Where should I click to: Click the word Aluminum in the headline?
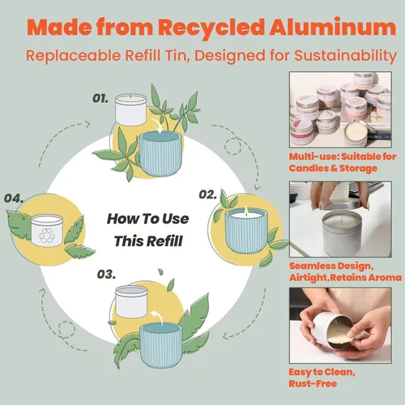pyautogui.click(x=333, y=27)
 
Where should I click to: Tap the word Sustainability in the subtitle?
pyautogui.click(x=346, y=56)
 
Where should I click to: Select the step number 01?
pyautogui.click(x=100, y=98)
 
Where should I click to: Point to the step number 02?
pyautogui.click(x=207, y=194)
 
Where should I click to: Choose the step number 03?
pyautogui.click(x=106, y=275)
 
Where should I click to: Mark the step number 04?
pyautogui.click(x=14, y=198)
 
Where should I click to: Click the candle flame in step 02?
pyautogui.click(x=246, y=210)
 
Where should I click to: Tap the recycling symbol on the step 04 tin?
pyautogui.click(x=47, y=236)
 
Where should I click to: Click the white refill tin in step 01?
pyautogui.click(x=131, y=109)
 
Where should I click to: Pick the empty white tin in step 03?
pyautogui.click(x=131, y=302)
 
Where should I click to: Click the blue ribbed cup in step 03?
pyautogui.click(x=161, y=346)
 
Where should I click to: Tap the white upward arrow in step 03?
pyautogui.click(x=158, y=318)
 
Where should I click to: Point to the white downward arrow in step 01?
pyautogui.click(x=156, y=126)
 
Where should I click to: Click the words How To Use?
pyautogui.click(x=148, y=219)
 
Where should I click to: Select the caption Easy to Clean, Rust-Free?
pyautogui.click(x=322, y=377)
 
